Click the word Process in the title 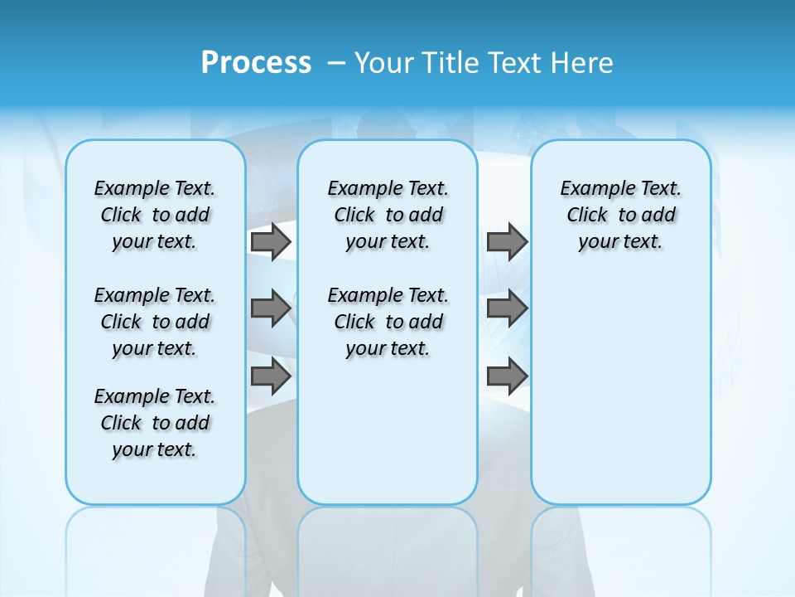pos(256,63)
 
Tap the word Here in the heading pos(583,63)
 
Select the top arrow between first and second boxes pos(270,241)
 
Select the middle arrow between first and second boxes pos(270,308)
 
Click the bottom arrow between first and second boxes pos(270,376)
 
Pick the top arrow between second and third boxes pos(507,241)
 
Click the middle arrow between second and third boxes pos(507,308)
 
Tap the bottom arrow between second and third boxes pos(507,376)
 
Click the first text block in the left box pos(155,215)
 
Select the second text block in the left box pos(155,322)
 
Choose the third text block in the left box pos(155,423)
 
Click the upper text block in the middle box pos(388,215)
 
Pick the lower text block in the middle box pos(388,322)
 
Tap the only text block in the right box pos(620,215)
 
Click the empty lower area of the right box pos(620,390)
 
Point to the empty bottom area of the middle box pos(388,439)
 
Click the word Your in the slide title pos(383,63)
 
